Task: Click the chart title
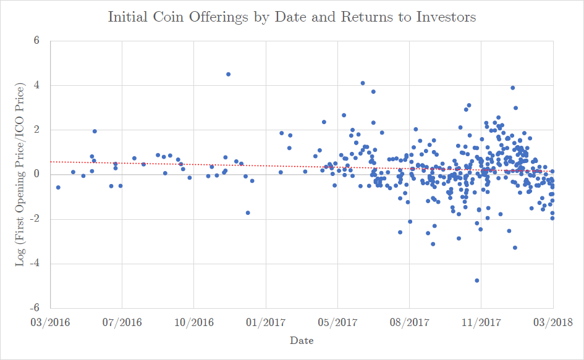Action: click(x=292, y=17)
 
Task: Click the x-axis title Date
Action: click(x=302, y=341)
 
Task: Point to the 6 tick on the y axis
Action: click(x=36, y=41)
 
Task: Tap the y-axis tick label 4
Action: click(x=36, y=85)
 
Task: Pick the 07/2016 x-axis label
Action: click(x=122, y=322)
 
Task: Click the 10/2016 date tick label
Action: click(x=193, y=322)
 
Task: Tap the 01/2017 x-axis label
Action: click(x=266, y=322)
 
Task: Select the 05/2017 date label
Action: click(x=337, y=322)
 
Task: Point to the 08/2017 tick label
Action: click(x=409, y=322)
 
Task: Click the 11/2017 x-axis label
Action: click(x=481, y=322)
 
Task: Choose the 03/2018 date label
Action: click(x=552, y=322)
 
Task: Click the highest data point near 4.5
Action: click(x=228, y=74)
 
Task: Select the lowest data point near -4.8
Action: click(x=476, y=280)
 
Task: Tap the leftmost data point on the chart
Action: click(x=58, y=187)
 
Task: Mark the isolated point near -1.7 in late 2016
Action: click(x=248, y=212)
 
